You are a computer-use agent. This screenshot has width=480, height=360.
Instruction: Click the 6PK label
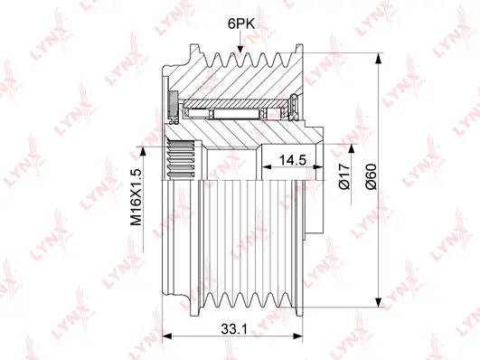click(241, 24)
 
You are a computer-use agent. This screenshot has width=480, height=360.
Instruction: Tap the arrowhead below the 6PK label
click(240, 49)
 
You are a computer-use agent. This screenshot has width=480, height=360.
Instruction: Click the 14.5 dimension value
click(293, 160)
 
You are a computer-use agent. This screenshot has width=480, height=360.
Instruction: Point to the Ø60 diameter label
click(372, 176)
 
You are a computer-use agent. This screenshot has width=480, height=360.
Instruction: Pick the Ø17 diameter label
click(344, 176)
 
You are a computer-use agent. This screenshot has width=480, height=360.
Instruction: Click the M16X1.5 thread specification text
click(136, 197)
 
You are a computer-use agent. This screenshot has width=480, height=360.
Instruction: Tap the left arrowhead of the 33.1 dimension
click(166, 336)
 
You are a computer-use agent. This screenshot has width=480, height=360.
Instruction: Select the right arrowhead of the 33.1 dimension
click(298, 336)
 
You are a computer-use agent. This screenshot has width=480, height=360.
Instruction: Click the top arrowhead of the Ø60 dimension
click(379, 58)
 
